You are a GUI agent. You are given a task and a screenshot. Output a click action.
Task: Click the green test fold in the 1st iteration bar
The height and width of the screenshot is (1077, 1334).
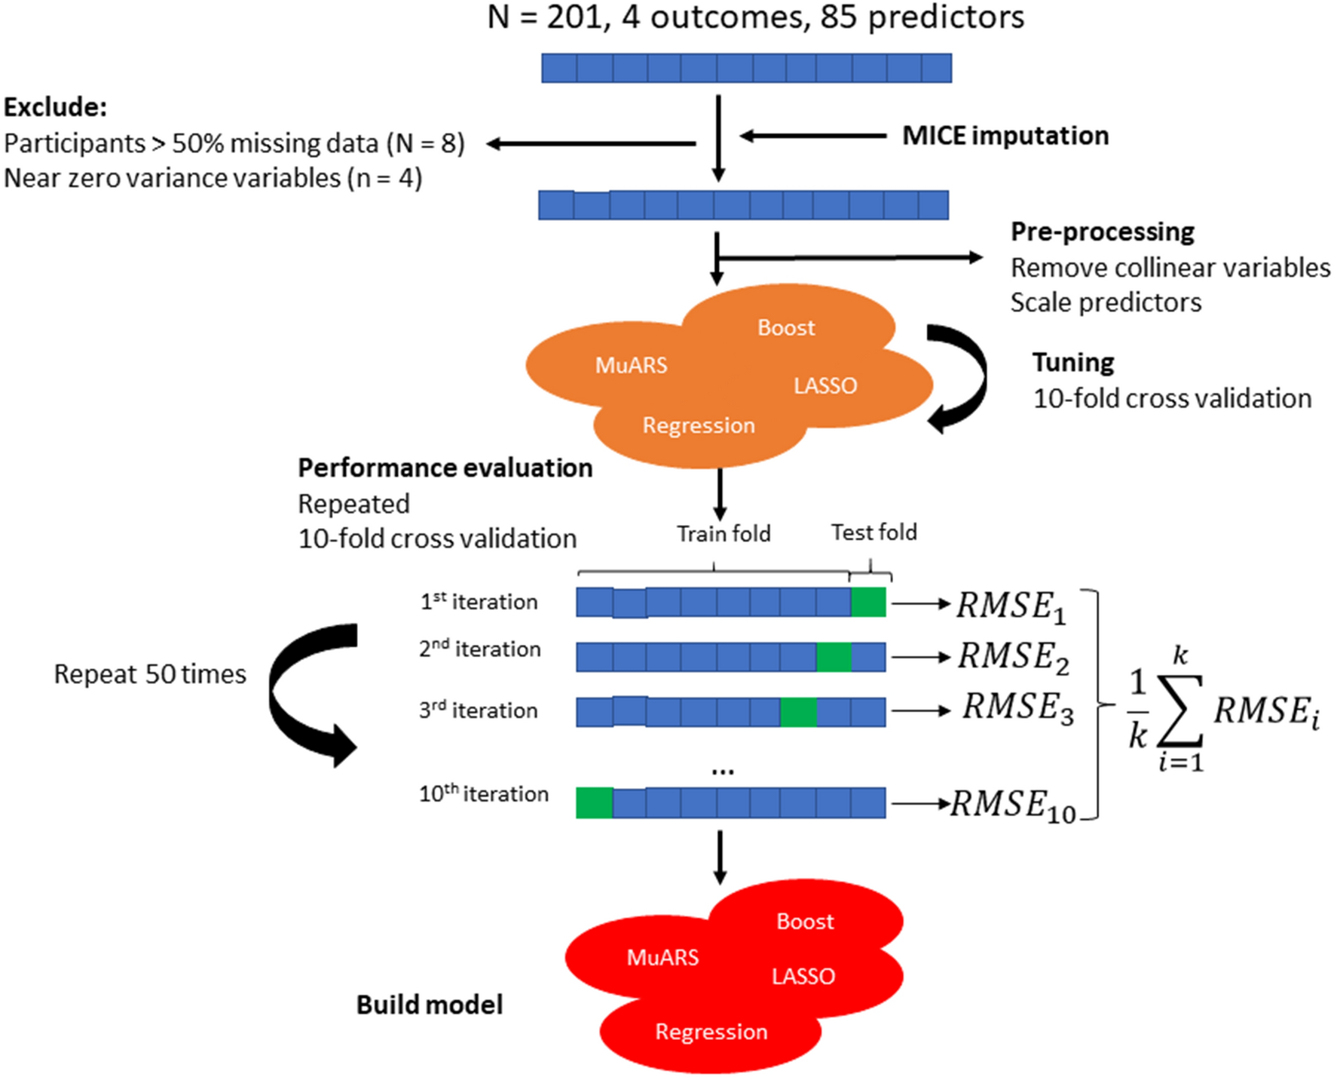(x=868, y=603)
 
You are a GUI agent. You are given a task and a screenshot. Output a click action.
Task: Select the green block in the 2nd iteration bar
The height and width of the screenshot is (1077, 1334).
(x=834, y=657)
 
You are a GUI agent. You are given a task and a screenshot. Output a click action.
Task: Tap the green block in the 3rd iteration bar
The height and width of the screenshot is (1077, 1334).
(x=798, y=712)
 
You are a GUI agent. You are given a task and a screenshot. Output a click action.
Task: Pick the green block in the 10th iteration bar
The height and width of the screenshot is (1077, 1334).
(x=594, y=803)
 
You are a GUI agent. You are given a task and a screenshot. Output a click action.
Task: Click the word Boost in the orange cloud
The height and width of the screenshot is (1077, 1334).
(x=786, y=328)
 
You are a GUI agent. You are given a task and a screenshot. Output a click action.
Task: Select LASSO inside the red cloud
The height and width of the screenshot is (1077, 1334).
(x=803, y=977)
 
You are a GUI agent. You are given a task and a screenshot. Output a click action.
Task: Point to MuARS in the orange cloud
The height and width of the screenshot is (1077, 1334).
(x=631, y=366)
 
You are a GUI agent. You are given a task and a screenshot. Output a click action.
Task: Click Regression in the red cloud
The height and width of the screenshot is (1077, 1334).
(x=711, y=1032)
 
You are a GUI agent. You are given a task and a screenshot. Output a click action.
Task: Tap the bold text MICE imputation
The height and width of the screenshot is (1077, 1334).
(x=1005, y=136)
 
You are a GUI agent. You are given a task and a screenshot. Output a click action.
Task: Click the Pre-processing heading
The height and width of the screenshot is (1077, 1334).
(x=1102, y=232)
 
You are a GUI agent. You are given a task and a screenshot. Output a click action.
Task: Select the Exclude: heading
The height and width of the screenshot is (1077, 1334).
(x=55, y=107)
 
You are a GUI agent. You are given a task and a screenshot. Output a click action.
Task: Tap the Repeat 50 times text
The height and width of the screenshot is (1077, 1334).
(x=150, y=674)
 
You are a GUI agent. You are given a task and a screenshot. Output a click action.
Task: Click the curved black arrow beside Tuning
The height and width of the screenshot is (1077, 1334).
(x=961, y=377)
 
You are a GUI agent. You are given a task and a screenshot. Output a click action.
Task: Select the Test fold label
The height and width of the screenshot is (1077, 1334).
(x=874, y=533)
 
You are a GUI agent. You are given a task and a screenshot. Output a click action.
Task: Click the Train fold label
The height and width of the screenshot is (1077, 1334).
(x=723, y=534)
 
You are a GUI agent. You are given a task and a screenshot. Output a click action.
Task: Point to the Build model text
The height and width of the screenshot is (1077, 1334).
(x=429, y=1005)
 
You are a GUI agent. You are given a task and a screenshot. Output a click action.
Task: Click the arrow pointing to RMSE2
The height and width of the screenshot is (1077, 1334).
(x=919, y=658)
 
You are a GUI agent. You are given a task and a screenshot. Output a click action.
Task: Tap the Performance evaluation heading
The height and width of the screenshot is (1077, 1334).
(x=445, y=468)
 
